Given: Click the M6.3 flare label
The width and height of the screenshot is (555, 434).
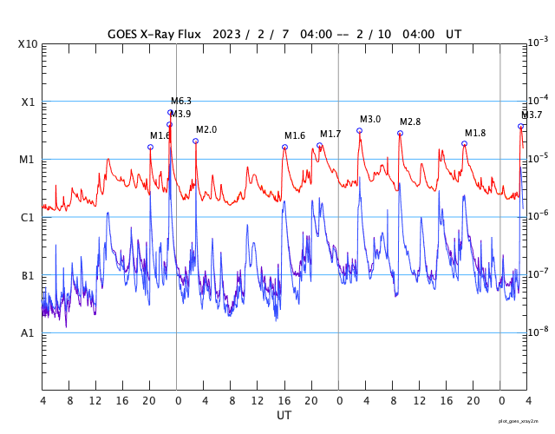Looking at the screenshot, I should point(181,101).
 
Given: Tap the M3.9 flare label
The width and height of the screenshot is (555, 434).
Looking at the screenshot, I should point(180,114).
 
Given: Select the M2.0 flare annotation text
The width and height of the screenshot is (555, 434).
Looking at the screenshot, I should point(206,129).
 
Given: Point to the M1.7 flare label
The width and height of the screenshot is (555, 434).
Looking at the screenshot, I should point(330,134).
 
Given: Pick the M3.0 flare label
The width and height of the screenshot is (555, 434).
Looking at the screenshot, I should point(370,119).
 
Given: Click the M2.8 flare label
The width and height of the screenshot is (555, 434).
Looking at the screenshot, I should point(410,122).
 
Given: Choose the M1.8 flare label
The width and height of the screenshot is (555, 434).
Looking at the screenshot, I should point(475,133).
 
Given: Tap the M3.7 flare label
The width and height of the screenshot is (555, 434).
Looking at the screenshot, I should point(532,115).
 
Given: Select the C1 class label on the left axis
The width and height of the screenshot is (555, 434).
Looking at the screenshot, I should point(28,217).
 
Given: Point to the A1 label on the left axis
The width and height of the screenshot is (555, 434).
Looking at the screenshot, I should point(28,333).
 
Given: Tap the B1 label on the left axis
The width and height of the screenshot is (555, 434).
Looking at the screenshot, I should point(28,275).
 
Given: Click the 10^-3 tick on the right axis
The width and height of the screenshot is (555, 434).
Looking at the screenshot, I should point(538,43).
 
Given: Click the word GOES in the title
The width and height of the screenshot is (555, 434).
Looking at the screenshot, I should point(124,34).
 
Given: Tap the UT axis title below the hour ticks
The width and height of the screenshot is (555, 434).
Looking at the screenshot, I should point(284,416).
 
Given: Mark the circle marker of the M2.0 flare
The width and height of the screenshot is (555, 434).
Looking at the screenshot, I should point(195,141).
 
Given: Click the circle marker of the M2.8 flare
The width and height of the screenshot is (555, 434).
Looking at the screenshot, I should point(400,133).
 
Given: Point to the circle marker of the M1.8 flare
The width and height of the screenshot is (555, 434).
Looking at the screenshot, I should point(464,143).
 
